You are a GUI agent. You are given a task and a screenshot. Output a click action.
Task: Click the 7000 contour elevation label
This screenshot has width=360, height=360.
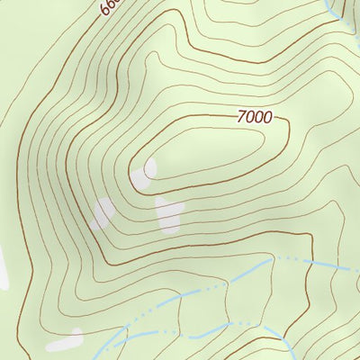254,117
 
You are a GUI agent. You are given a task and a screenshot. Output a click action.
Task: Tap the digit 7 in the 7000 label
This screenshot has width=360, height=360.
241,116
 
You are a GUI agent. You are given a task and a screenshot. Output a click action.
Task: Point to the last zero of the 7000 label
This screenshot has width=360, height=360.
266,118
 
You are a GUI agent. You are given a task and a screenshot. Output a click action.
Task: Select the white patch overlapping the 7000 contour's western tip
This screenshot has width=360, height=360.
144,175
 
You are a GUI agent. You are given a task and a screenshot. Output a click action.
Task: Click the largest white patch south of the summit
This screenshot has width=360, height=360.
168,215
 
